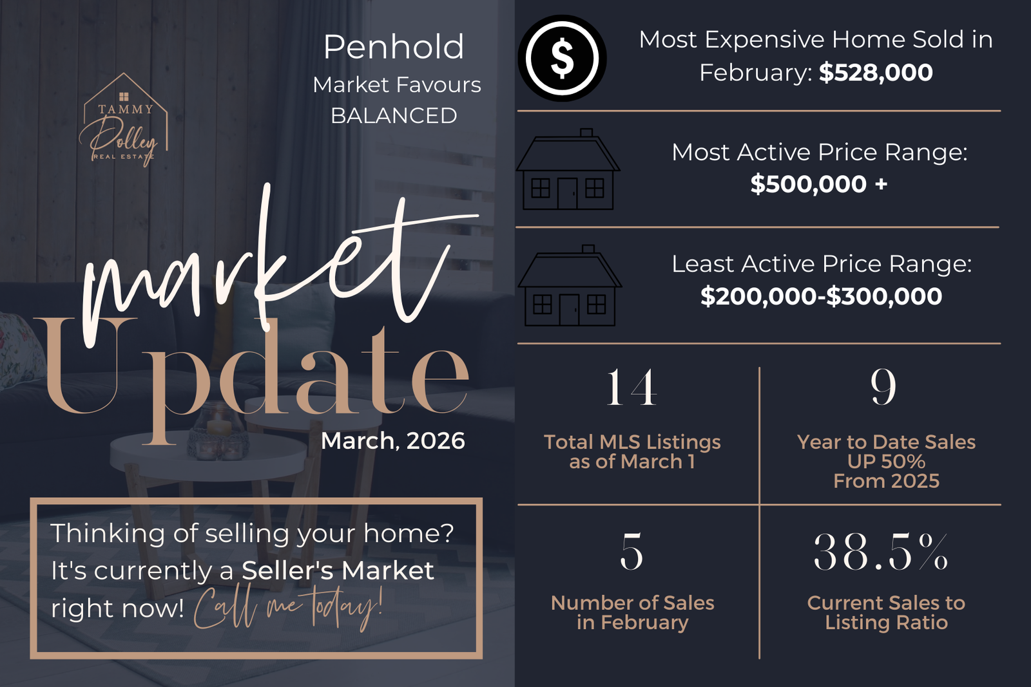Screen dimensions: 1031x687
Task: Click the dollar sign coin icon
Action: click(x=562, y=58)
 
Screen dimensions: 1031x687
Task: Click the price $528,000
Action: click(x=876, y=73)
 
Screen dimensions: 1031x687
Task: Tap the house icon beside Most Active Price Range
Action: click(x=568, y=169)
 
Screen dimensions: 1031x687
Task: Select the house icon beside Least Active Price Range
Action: click(x=570, y=286)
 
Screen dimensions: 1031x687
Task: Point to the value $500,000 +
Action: click(x=819, y=184)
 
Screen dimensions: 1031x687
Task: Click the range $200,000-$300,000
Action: click(x=821, y=296)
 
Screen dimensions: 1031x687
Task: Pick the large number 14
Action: click(x=631, y=387)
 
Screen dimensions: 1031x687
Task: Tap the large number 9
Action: click(x=883, y=387)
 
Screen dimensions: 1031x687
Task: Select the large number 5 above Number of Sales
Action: click(x=631, y=551)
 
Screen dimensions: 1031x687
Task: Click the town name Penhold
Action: click(x=394, y=47)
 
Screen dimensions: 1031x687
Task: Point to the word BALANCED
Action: click(x=394, y=115)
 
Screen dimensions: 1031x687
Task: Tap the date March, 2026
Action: click(x=393, y=440)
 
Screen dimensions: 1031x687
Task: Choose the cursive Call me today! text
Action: click(x=288, y=607)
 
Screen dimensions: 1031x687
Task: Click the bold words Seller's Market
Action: click(x=338, y=570)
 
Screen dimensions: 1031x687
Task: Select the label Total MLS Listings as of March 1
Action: click(x=632, y=451)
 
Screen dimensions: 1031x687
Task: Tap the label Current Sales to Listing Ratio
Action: click(x=886, y=612)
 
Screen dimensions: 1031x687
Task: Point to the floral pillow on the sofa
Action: click(x=19, y=350)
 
